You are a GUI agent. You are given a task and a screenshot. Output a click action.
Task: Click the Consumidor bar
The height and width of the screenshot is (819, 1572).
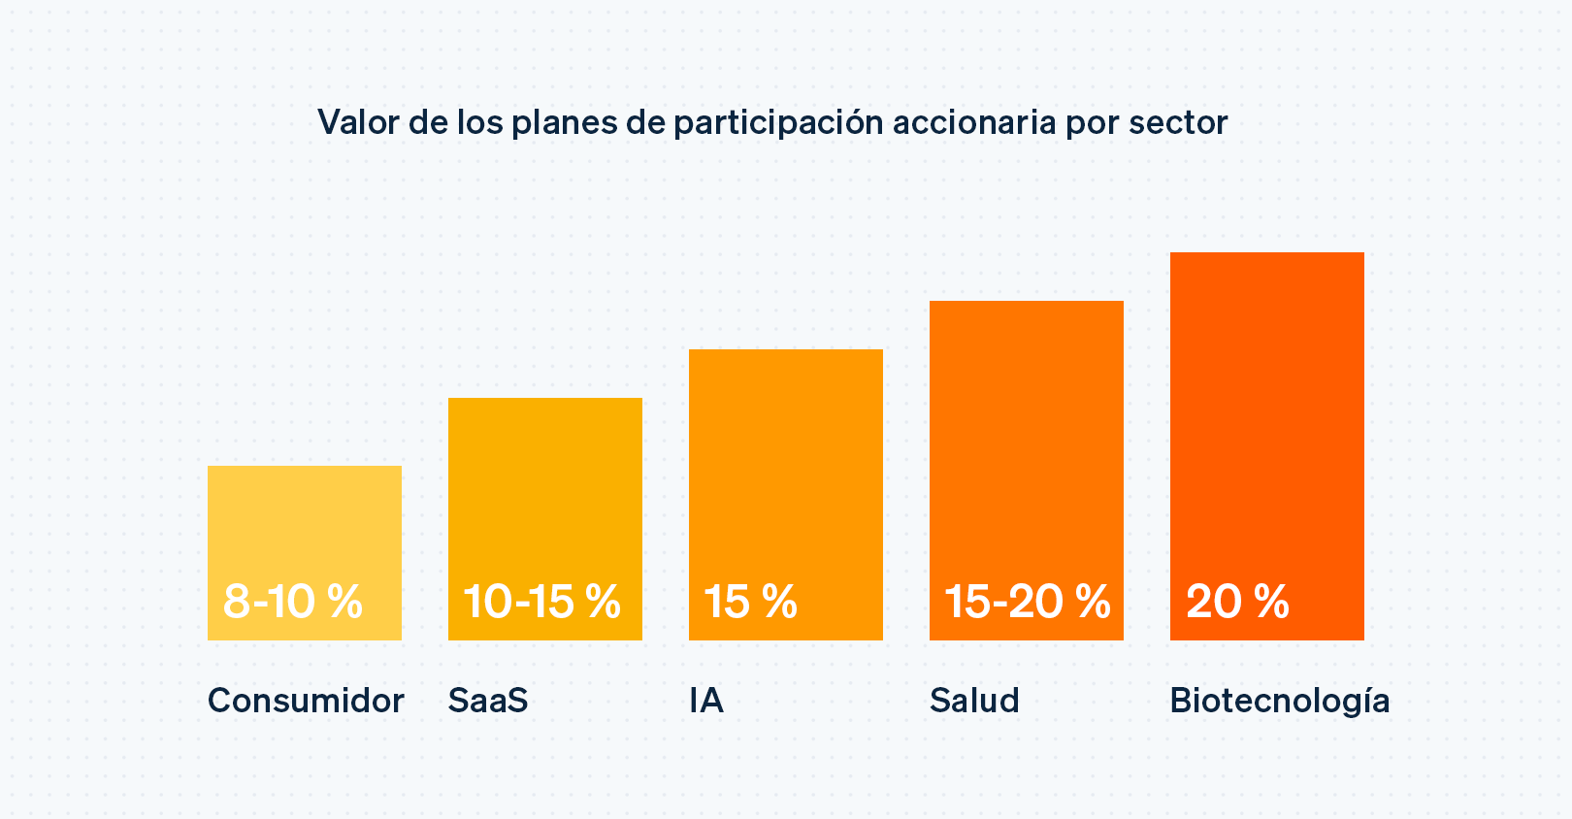pos(304,524)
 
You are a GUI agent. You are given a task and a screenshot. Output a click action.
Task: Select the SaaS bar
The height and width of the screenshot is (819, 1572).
pos(544,485)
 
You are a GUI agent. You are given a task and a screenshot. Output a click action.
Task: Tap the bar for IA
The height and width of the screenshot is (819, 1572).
pos(785,466)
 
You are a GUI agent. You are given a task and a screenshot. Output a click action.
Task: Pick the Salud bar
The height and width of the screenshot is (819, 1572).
pos(1026,437)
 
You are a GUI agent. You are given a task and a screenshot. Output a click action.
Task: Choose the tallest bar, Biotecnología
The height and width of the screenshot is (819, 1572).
pos(1266,408)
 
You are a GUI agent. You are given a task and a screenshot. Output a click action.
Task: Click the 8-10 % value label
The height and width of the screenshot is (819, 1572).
pos(293,602)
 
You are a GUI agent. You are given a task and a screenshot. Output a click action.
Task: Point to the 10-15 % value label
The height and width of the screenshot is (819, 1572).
pos(542,602)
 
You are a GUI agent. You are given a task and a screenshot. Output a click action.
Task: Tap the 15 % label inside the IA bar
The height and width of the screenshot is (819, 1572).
pos(750,602)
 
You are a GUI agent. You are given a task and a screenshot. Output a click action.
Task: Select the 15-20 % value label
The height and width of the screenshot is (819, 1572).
pos(1027,602)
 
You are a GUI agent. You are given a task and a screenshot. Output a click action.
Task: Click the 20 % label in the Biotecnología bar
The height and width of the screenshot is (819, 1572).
pos(1237,602)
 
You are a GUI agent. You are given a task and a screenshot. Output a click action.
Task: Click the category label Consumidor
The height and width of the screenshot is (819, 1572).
pos(306,701)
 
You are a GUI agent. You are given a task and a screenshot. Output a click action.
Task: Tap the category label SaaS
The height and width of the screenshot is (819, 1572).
pos(488,701)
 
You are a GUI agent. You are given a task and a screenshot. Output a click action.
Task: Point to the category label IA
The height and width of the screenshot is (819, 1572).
pos(706,701)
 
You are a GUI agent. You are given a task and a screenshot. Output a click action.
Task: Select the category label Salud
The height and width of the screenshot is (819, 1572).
pos(974,701)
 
